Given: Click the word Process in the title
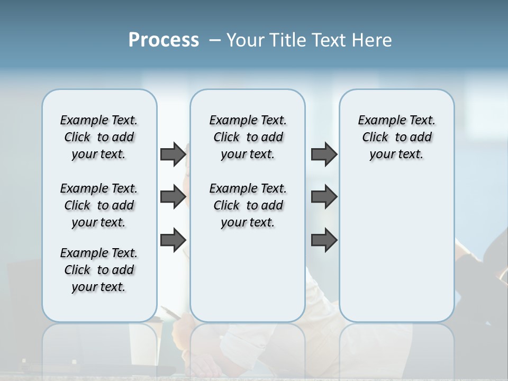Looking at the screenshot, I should pyautogui.click(x=164, y=40).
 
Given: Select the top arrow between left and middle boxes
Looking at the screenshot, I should pyautogui.click(x=173, y=155).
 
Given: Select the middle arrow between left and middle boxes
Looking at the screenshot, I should pyautogui.click(x=173, y=197).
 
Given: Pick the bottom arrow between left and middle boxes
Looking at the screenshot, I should pyautogui.click(x=173, y=240).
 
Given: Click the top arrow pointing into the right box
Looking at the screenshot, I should pyautogui.click(x=324, y=155).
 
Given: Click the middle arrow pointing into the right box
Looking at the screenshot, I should pyautogui.click(x=324, y=197).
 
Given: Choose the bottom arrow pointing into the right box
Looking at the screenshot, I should pyautogui.click(x=324, y=240).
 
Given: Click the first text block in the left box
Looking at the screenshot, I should pyautogui.click(x=99, y=137).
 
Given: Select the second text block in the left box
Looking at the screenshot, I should pyautogui.click(x=99, y=205).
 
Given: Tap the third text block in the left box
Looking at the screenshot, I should pyautogui.click(x=99, y=270).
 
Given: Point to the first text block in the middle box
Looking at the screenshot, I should pyautogui.click(x=248, y=137).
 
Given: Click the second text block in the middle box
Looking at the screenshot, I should pyautogui.click(x=248, y=205).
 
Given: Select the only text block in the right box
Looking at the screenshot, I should pyautogui.click(x=396, y=137).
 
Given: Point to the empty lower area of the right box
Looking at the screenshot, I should pyautogui.click(x=396, y=249).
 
